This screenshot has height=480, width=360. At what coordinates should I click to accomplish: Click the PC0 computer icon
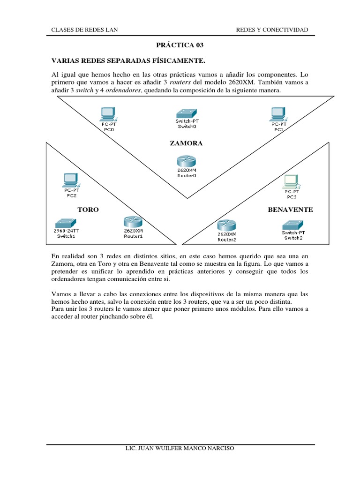coord(108,113)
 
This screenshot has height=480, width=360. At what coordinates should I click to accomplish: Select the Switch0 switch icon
coord(187,113)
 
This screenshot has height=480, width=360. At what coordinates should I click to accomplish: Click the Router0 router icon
coord(187,161)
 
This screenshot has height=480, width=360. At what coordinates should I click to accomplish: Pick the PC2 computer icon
coord(71,180)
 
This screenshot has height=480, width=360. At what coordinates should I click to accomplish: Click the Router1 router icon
coord(133,222)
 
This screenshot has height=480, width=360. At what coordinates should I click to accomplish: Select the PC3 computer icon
coord(291,180)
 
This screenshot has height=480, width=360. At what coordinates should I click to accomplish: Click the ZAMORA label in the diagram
coord(186,143)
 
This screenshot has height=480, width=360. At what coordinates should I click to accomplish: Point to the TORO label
coord(88,210)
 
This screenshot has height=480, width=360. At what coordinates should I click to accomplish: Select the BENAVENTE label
coord(290,210)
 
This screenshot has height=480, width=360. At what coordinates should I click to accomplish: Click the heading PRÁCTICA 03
coord(180,45)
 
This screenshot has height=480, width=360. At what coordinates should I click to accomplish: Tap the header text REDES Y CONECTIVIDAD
coord(272,30)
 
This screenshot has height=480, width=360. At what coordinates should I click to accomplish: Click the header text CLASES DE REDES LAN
coord(84,30)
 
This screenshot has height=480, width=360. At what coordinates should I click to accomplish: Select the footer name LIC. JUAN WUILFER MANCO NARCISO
coord(180,448)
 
